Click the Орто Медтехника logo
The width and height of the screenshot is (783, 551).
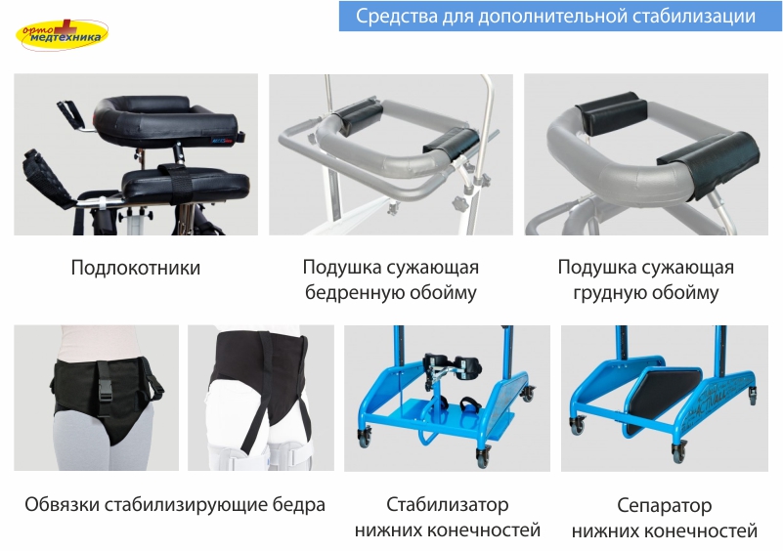click(62, 34)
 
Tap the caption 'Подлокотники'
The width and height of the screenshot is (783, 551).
click(136, 268)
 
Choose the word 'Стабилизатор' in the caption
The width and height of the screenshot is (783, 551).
click(448, 504)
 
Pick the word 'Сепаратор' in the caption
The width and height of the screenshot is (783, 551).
click(664, 506)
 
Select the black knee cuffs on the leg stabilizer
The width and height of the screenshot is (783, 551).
click(453, 365)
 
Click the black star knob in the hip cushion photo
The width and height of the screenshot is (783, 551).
click(458, 203)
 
